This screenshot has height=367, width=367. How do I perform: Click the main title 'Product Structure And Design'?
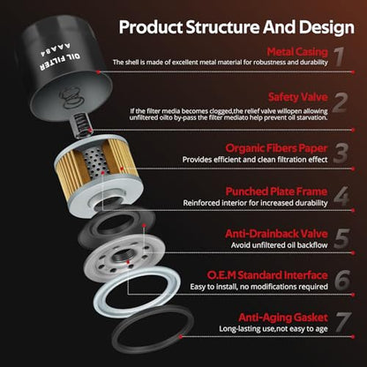[x=236, y=27]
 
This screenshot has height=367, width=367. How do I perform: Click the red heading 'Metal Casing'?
[x=297, y=52]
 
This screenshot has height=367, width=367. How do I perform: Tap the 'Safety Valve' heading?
[x=298, y=97]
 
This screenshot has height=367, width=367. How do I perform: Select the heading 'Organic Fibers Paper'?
[x=276, y=148]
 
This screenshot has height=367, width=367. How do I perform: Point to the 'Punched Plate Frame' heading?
[x=276, y=191]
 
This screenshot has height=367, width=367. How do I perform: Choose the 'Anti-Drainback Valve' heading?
[x=276, y=234]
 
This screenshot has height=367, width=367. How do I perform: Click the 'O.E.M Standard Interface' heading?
[x=267, y=275]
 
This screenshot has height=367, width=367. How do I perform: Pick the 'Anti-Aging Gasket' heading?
[x=283, y=318]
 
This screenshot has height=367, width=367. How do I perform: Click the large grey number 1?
[x=340, y=56]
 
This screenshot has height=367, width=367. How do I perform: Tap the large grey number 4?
[x=341, y=196]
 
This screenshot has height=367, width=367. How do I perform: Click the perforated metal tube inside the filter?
[x=94, y=161]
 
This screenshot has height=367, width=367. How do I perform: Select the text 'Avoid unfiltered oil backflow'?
[x=279, y=245]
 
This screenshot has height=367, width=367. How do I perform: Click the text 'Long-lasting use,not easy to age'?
[x=273, y=329]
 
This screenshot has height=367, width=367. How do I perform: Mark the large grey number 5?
[x=341, y=238]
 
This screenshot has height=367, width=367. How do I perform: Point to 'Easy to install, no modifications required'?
[x=258, y=287]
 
